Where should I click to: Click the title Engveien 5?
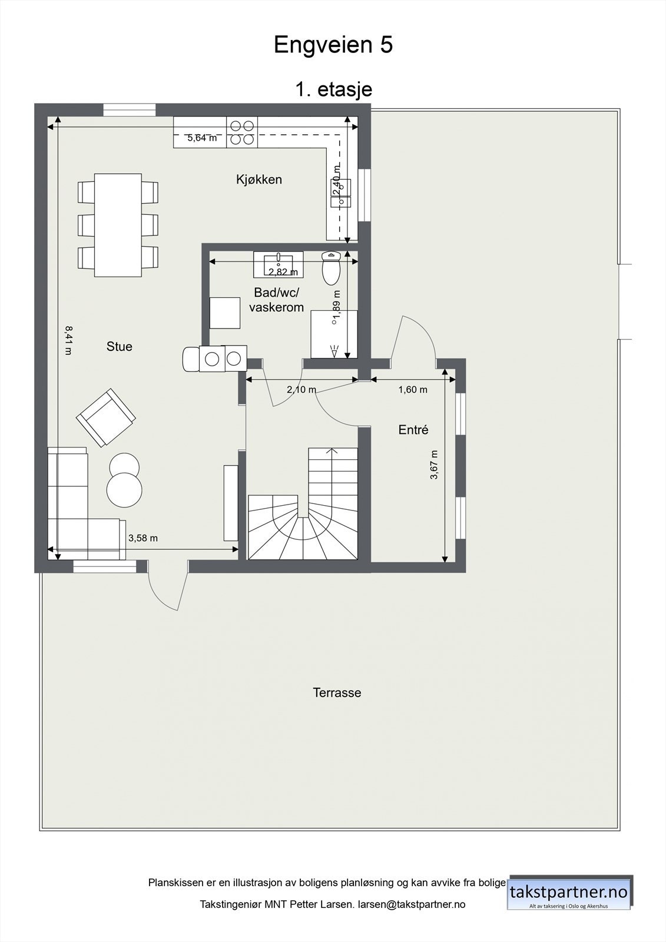(x=333, y=45)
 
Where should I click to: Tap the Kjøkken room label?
(x=259, y=180)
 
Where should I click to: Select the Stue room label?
(x=119, y=347)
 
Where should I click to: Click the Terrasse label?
(x=337, y=693)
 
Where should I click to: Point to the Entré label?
(x=413, y=430)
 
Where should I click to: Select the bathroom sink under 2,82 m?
(x=279, y=263)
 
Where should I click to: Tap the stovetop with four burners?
(x=242, y=132)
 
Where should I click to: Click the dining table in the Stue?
(x=118, y=225)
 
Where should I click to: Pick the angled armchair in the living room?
(x=106, y=417)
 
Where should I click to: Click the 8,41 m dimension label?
(x=68, y=340)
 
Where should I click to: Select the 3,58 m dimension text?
(x=143, y=538)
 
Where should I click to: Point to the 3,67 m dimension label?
(x=434, y=465)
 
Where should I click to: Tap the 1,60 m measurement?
(x=413, y=390)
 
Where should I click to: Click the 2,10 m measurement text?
(x=301, y=390)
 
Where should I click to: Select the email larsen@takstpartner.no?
(x=412, y=904)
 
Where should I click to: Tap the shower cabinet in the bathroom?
(x=334, y=334)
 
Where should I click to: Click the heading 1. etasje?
(x=333, y=89)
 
